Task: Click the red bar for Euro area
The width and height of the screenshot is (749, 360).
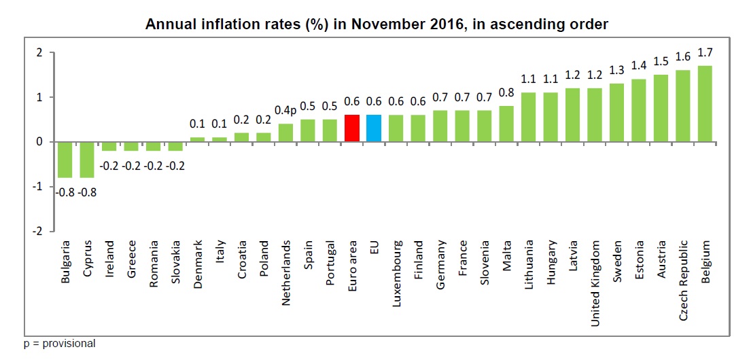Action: pyautogui.click(x=352, y=128)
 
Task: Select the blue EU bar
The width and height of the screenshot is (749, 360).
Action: pyautogui.click(x=374, y=128)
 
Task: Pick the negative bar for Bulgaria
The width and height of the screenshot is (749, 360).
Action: pyautogui.click(x=65, y=160)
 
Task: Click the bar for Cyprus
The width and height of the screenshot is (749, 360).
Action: pyautogui.click(x=87, y=160)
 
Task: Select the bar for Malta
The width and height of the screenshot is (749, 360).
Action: pyautogui.click(x=506, y=124)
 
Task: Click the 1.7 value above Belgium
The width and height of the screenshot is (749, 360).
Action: pyautogui.click(x=705, y=52)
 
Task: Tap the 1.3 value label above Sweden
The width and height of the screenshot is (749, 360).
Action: pyautogui.click(x=616, y=70)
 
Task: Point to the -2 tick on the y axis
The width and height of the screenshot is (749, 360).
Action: pyautogui.click(x=39, y=231)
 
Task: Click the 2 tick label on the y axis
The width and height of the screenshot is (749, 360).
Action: pyautogui.click(x=41, y=52)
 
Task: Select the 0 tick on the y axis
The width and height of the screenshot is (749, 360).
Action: pyautogui.click(x=41, y=142)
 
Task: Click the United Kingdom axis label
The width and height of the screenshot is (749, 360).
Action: pyautogui.click(x=595, y=283)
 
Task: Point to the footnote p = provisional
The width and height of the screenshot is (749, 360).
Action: pyautogui.click(x=59, y=344)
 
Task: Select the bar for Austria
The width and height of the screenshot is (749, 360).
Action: pyautogui.click(x=661, y=109)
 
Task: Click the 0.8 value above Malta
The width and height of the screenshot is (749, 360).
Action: pyautogui.click(x=506, y=92)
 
